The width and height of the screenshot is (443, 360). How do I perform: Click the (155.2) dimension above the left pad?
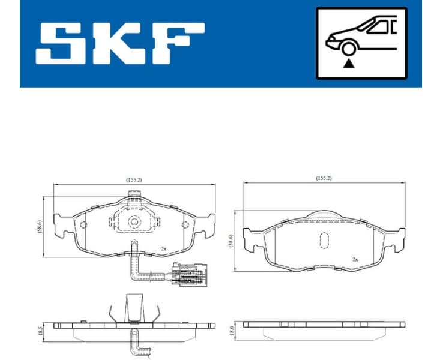tap(133, 179)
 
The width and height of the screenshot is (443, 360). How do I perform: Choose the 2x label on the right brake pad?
tap(355, 259)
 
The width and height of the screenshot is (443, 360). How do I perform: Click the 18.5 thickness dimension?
tap(40, 331)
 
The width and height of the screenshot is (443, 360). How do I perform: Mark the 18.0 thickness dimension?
tap(232, 330)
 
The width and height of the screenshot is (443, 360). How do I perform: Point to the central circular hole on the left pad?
tap(134, 221)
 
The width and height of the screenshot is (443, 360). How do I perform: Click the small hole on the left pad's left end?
tap(83, 225)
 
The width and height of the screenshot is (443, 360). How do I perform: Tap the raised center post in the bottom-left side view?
tap(134, 308)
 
